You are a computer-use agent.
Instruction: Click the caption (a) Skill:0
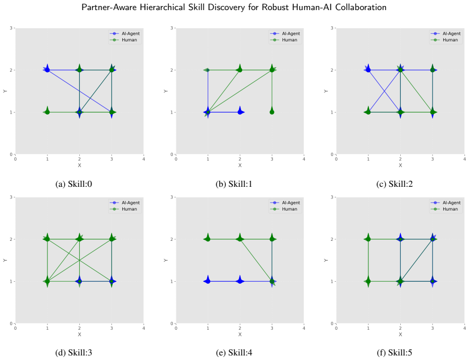(74, 184)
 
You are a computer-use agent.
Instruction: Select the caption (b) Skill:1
(234, 184)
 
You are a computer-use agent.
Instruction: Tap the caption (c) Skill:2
(395, 184)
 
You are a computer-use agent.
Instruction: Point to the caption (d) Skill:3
(74, 353)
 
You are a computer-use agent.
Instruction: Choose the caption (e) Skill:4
(234, 353)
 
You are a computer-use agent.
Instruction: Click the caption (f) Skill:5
(395, 353)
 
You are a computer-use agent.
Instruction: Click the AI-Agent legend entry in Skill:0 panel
(125, 33)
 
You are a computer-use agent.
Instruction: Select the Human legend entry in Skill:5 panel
(444, 209)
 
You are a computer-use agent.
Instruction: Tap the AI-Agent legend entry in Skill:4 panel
(285, 202)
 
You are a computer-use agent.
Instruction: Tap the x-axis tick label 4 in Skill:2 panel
(464, 159)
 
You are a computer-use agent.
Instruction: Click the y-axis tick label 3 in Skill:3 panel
(11, 197)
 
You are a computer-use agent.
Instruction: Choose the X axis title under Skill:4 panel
(240, 335)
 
